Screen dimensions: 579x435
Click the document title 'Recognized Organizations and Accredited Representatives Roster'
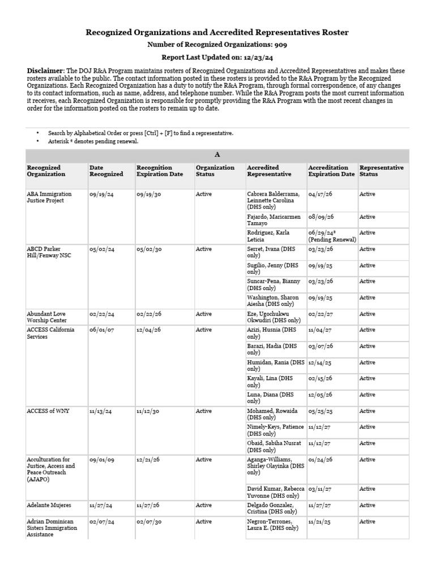217,33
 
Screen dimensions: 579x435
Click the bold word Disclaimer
46,71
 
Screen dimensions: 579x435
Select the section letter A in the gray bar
217,154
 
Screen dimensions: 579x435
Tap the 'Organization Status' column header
215,171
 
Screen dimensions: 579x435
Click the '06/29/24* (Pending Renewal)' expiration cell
332,236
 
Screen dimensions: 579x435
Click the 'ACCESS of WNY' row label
48,411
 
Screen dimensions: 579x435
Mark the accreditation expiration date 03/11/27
320,489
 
